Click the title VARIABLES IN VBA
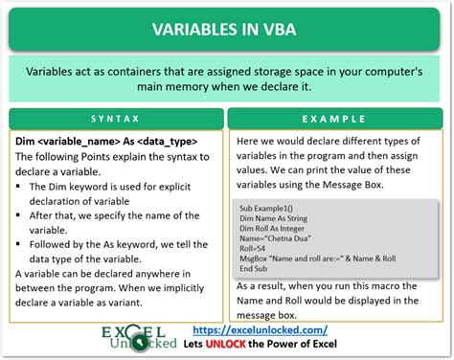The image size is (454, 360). pyautogui.click(x=227, y=27)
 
